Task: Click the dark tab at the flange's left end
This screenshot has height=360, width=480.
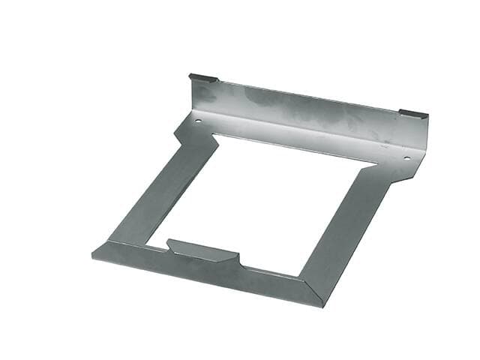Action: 202,77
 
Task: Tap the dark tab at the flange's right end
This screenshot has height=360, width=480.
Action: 413,114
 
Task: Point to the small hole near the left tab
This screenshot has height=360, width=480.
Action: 198,121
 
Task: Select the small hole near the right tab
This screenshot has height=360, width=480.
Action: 407,157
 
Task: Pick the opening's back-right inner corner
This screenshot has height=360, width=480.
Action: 375,164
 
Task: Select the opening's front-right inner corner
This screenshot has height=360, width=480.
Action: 300,274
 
